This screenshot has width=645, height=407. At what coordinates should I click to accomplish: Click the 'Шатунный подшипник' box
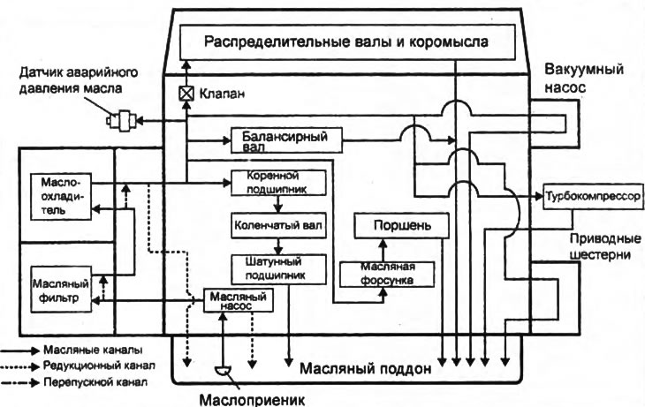278,268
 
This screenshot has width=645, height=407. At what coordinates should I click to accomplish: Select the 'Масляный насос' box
239,301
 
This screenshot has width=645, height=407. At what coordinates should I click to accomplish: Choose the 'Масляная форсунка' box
390,274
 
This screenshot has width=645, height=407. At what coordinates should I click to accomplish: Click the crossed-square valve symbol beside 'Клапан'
186,93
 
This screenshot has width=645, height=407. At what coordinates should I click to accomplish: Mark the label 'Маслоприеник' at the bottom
252,398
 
